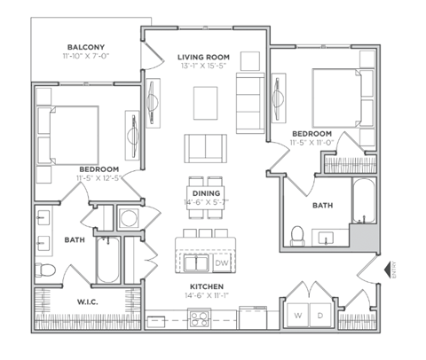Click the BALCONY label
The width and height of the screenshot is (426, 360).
[x=86, y=47]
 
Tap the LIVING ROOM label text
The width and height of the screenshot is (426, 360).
[x=203, y=55]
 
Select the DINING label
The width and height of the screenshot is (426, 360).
[x=206, y=192]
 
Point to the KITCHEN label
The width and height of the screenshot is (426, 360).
[x=205, y=286]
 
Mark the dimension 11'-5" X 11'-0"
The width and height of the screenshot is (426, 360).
[x=311, y=141]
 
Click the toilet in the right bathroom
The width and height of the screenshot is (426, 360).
[x=299, y=234]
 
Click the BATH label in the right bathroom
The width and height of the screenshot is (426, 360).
[x=322, y=205]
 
